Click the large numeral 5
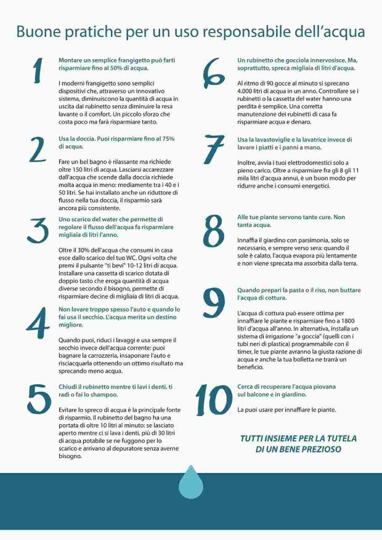tap(38, 398)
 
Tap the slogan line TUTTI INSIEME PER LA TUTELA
tap(298, 438)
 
